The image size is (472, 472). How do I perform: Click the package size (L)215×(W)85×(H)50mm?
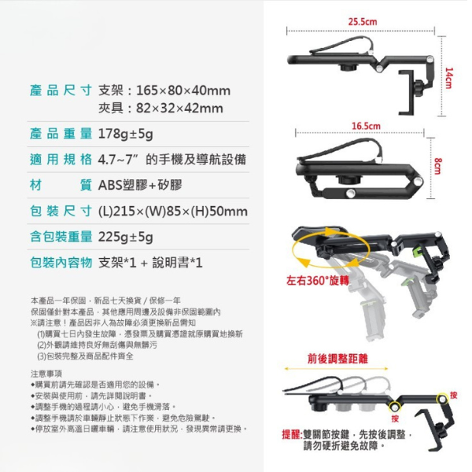tap(172, 212)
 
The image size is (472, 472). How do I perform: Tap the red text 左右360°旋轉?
tap(317, 281)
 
